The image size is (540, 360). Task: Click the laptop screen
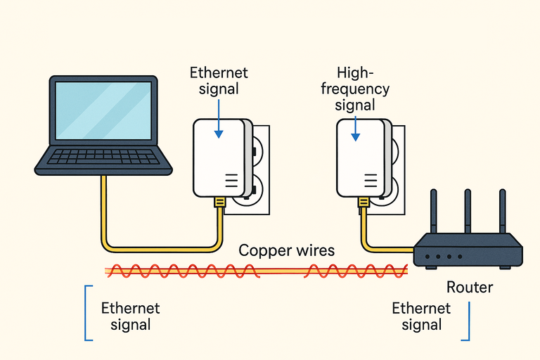pyautogui.click(x=103, y=110)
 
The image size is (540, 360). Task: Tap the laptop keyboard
pyautogui.click(x=103, y=155)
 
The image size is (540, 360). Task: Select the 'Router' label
pyautogui.click(x=470, y=288)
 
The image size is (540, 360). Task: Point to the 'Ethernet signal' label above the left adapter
pyautogui.click(x=219, y=81)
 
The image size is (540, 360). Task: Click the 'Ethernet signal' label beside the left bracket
pyautogui.click(x=130, y=316)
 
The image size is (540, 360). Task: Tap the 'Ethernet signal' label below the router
pyautogui.click(x=421, y=316)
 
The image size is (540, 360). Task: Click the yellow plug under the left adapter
pyautogui.click(x=219, y=204)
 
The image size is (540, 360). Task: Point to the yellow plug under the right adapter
pyautogui.click(x=364, y=203)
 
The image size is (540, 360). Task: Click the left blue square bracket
pyautogui.click(x=88, y=313)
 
